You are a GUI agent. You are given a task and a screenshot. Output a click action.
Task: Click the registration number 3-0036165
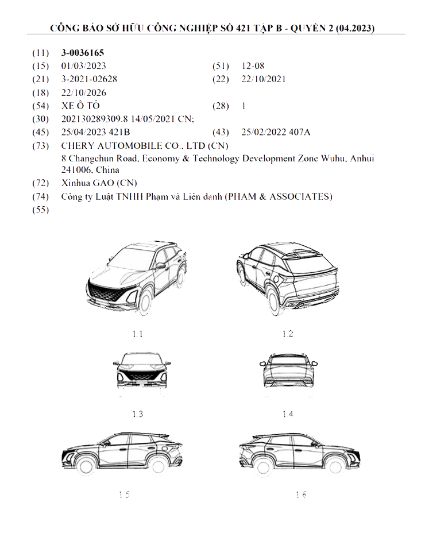83,53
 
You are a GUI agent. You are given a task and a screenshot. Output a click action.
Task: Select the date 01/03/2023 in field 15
83,66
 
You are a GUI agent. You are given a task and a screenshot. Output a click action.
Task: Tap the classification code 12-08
253,66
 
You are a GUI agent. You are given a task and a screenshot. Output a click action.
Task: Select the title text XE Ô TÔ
80,106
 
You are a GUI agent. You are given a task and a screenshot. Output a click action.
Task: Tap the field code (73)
40,145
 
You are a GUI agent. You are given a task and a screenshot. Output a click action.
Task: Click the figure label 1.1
137,333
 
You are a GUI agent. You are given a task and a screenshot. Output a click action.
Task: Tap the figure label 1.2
288,333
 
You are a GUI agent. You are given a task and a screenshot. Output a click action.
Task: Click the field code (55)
40,210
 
